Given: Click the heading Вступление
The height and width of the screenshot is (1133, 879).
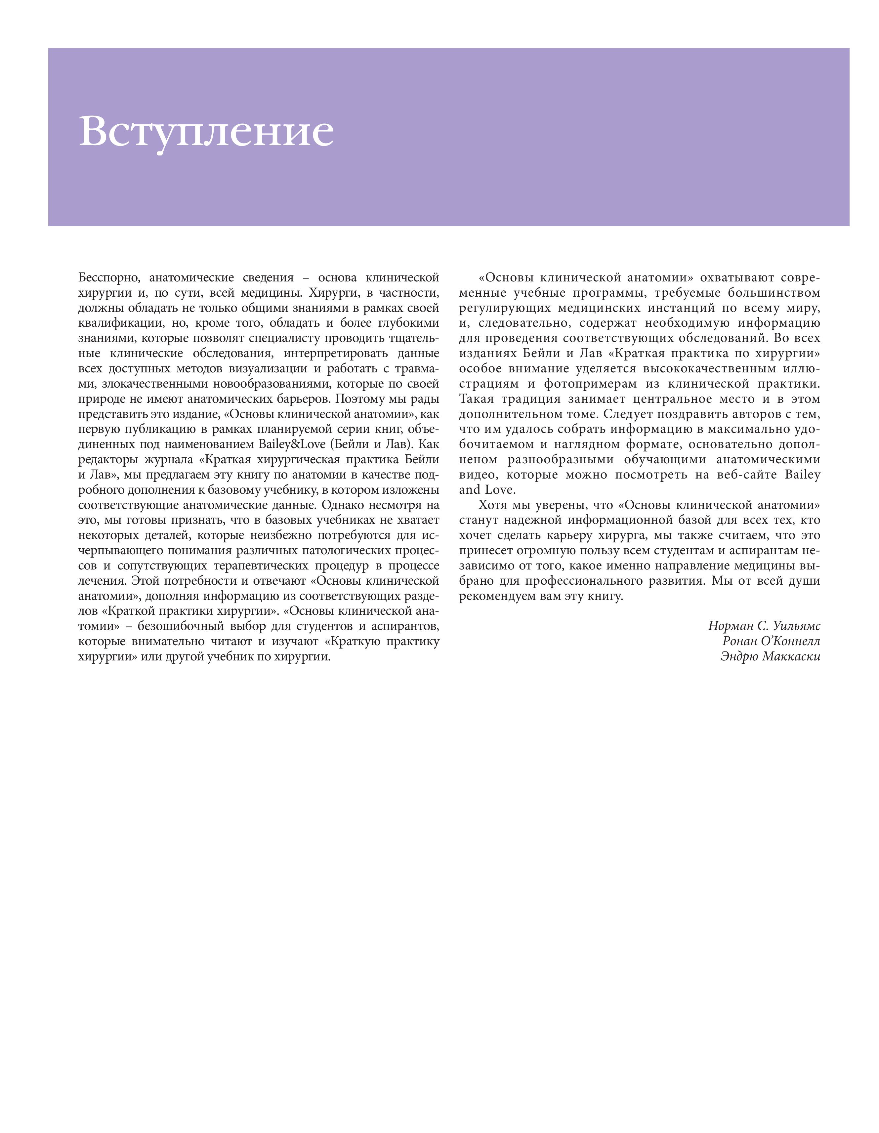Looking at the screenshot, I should [206, 132].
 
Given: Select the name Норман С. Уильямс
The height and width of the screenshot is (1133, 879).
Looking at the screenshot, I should [764, 626].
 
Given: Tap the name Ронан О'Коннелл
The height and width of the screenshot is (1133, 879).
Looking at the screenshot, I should [771, 641].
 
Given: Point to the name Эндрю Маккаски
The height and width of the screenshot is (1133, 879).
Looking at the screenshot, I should [770, 656].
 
